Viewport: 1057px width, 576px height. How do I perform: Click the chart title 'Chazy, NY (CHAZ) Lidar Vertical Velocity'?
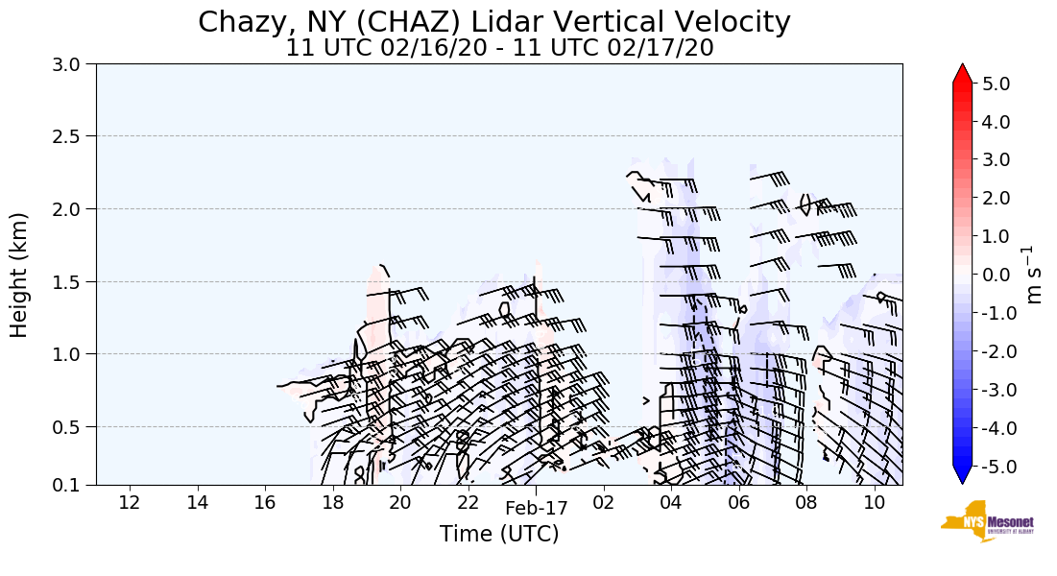click(494, 21)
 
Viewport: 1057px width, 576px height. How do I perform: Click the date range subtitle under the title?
click(499, 47)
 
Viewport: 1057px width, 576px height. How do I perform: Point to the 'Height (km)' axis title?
click(20, 275)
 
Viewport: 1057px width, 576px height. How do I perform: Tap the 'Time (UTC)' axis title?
click(499, 534)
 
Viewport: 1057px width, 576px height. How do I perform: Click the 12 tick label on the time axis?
click(130, 502)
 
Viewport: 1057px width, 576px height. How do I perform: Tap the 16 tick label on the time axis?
click(265, 502)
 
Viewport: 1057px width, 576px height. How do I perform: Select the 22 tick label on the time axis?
click(468, 502)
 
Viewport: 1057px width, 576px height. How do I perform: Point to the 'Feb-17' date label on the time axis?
click(537, 508)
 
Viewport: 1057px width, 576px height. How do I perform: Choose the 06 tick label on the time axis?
click(738, 502)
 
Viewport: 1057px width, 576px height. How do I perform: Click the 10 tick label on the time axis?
click(874, 502)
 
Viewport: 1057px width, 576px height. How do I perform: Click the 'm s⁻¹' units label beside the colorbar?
click(1035, 275)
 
